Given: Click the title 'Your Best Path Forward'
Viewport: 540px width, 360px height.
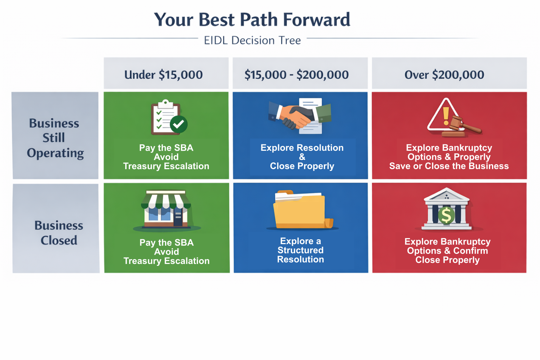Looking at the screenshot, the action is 252,19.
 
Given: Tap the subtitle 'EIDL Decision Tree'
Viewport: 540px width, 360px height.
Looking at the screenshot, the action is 252,40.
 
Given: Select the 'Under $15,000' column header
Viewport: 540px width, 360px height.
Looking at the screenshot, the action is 163,75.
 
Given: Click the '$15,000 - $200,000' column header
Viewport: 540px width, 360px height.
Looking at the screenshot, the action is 297,75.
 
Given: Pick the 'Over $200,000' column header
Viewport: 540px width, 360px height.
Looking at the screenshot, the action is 444,75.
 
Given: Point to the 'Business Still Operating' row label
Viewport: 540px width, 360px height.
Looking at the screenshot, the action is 55,138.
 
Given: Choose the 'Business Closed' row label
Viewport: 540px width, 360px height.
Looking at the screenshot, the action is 58,232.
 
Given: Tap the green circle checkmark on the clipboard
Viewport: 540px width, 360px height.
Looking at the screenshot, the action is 178,124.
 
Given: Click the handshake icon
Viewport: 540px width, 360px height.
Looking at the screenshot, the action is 300,116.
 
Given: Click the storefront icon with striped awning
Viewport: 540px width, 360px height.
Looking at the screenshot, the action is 166,209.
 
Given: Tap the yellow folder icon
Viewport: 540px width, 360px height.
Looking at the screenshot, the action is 303,209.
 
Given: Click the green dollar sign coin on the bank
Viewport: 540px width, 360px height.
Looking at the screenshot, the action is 446,215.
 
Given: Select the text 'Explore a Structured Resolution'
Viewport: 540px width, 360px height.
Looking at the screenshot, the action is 300,250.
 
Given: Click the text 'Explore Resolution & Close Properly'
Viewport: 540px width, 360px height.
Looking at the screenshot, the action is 302,157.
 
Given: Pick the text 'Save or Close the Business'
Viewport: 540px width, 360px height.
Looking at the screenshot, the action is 449,166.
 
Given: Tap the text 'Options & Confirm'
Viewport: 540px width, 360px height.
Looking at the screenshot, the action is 447,251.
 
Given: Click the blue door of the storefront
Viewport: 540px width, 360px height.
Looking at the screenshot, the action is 178,216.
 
